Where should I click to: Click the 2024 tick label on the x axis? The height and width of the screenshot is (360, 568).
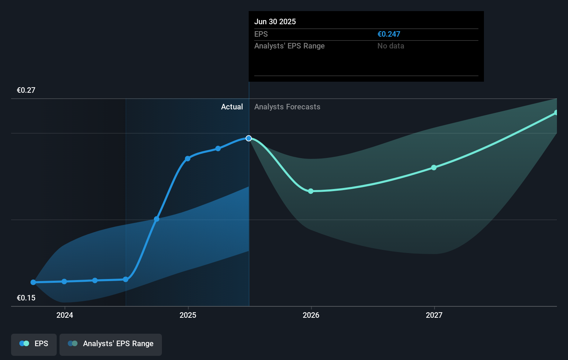pos(65,315)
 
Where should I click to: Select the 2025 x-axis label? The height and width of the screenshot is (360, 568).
pos(188,315)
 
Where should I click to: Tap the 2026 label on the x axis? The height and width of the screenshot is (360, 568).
pos(311,315)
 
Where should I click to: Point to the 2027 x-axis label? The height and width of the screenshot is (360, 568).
pos(434,315)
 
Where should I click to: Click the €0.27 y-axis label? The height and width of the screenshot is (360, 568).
pos(26,90)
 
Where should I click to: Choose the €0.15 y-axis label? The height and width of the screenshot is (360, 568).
pos(26,298)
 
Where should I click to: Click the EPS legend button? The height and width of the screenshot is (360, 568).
pos(34,344)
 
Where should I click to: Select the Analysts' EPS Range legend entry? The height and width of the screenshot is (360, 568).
pos(111,344)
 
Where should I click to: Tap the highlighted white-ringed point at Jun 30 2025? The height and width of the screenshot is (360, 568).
pos(249,138)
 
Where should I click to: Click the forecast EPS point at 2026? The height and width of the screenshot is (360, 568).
pos(311,191)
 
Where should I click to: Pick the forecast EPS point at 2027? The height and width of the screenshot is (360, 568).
pos(434,168)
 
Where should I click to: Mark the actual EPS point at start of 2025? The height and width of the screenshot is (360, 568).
pos(187,159)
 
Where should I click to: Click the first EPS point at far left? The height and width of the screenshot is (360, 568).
pos(33,282)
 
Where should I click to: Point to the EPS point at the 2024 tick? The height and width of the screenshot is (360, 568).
pos(64,281)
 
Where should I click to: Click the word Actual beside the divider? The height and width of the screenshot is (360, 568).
pos(232,107)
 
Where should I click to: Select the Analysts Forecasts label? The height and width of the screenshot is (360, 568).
pos(287,107)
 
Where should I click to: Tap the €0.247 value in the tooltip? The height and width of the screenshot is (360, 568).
pos(389,34)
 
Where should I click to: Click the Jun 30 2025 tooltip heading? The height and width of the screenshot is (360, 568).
pos(275,21)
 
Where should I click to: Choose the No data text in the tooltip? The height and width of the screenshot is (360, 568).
pos(391,46)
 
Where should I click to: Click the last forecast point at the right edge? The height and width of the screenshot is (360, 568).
pos(556,113)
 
